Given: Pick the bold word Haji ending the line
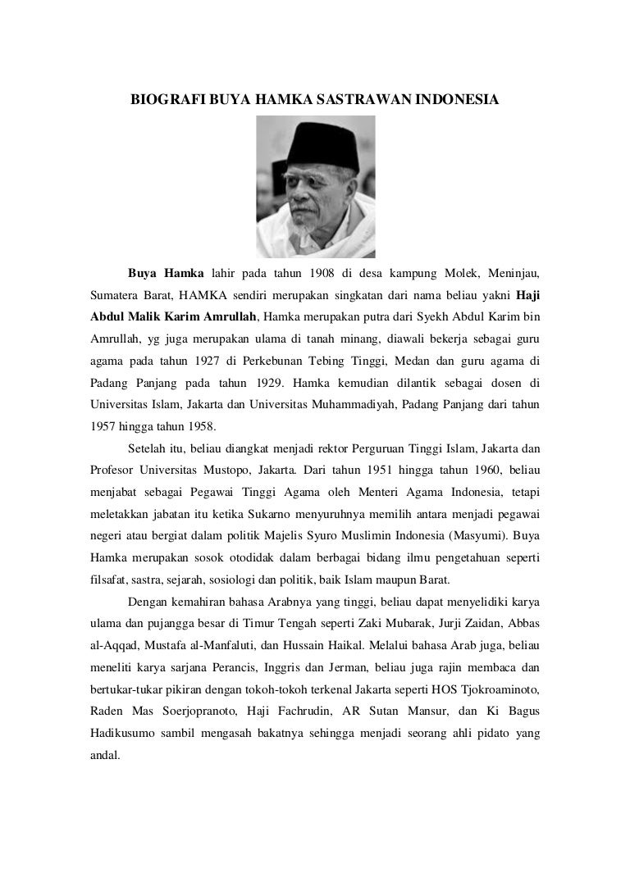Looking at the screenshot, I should [x=528, y=293].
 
